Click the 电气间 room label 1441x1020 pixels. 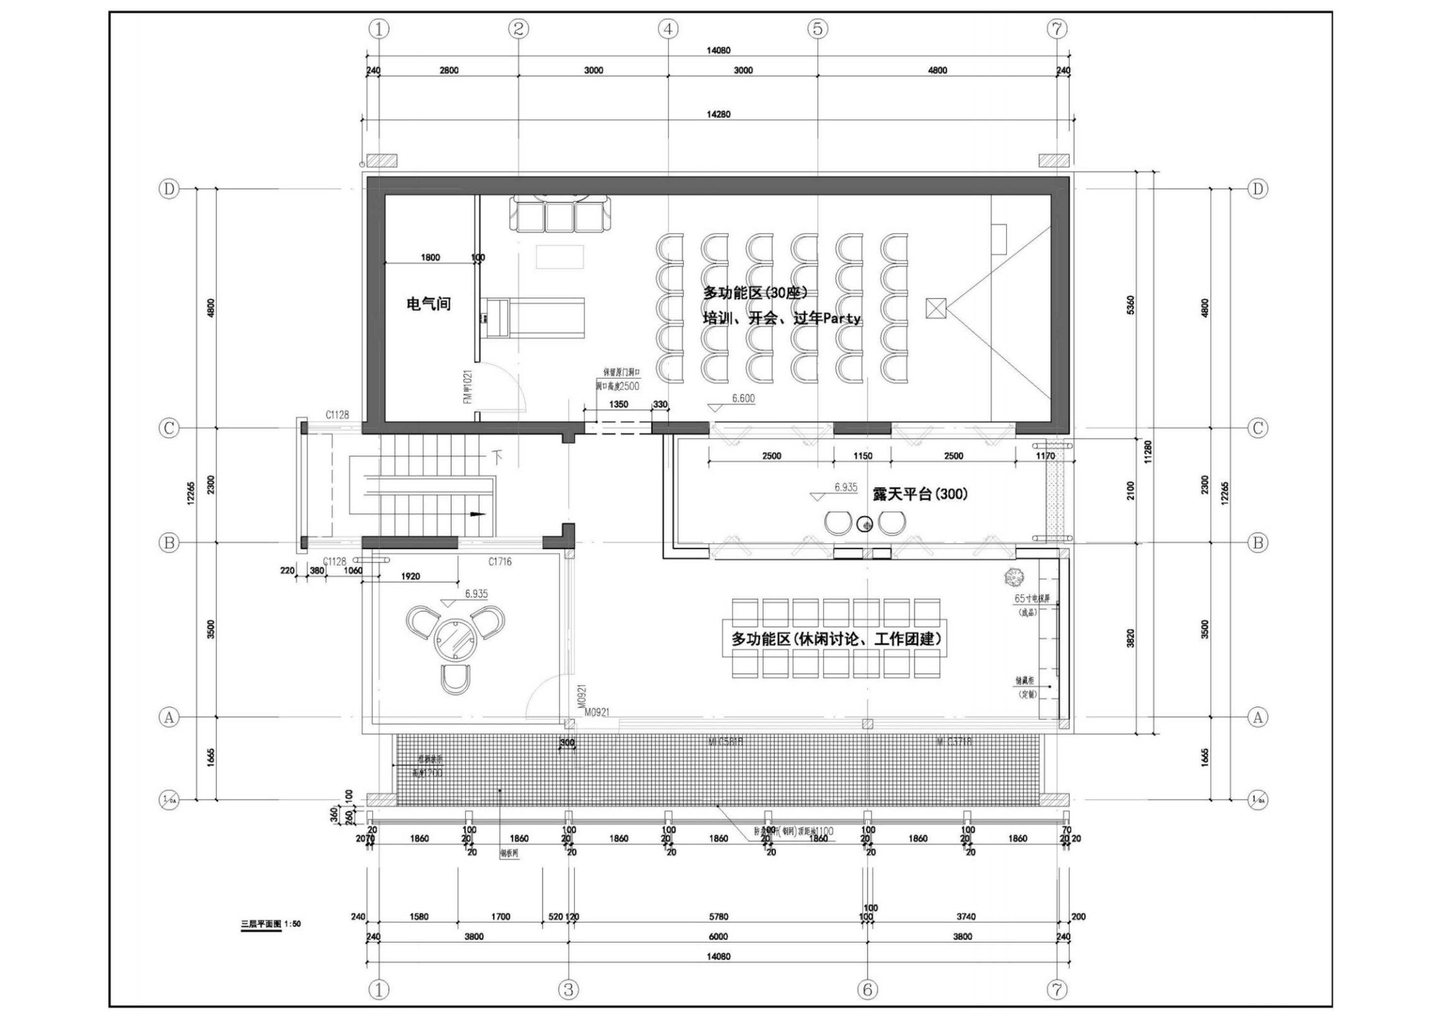pyautogui.click(x=429, y=305)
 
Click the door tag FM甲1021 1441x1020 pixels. pyautogui.click(x=467, y=386)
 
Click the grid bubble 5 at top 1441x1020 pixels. pyautogui.click(x=817, y=28)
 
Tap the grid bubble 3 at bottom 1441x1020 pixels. pyautogui.click(x=568, y=990)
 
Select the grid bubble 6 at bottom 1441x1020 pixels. pyautogui.click(x=867, y=990)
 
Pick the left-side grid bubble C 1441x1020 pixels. pyautogui.click(x=169, y=428)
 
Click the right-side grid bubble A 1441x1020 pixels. pyautogui.click(x=1257, y=717)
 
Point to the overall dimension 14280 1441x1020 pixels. pyautogui.click(x=718, y=114)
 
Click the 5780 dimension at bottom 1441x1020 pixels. pyautogui.click(x=718, y=917)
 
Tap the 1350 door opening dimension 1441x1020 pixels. pyautogui.click(x=618, y=404)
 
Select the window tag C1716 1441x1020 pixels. pyautogui.click(x=500, y=562)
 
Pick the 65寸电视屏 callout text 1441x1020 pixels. pyautogui.click(x=1032, y=599)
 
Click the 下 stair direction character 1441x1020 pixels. pyautogui.click(x=499, y=455)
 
